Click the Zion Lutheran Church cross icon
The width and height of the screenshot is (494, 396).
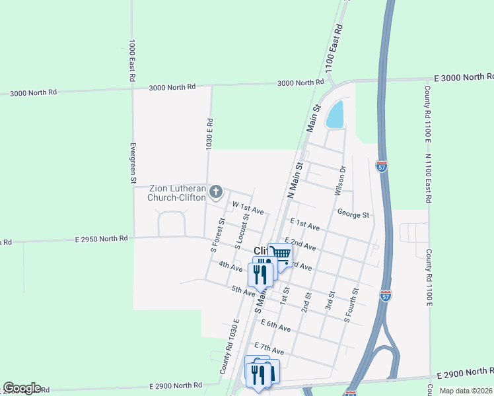click(215, 192)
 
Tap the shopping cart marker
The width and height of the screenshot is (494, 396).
click(281, 253)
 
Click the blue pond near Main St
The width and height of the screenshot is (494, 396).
click(335, 115)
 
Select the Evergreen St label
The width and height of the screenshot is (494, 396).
click(133, 162)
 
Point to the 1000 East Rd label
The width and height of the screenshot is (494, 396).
click(133, 60)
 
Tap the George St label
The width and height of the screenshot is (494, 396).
click(353, 214)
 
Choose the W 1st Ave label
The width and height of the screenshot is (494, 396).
click(247, 209)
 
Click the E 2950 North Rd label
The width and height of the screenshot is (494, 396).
click(101, 238)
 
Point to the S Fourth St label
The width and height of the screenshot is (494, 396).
click(351, 305)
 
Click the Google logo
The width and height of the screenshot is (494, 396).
click(22, 388)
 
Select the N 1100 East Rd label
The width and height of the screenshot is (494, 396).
click(428, 178)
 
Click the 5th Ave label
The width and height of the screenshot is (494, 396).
click(243, 290)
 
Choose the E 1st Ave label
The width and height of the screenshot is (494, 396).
click(304, 225)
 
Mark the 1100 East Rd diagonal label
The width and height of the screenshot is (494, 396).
click(334, 49)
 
